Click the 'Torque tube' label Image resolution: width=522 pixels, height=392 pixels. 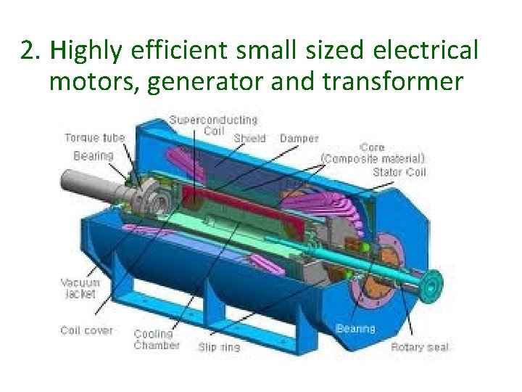94,137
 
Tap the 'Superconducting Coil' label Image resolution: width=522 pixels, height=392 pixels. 213,125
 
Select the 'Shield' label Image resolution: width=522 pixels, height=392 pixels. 250,138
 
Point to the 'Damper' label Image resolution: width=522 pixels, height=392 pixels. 299,138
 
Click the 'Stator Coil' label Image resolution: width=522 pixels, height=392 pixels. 399,172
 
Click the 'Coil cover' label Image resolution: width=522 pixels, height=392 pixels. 87,330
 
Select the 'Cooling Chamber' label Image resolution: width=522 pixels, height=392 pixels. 156,340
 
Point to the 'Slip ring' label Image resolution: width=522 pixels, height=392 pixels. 219,347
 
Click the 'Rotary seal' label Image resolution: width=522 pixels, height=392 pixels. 420,347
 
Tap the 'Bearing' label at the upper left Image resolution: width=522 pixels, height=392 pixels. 94,155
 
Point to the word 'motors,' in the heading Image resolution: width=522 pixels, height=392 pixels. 94,82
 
